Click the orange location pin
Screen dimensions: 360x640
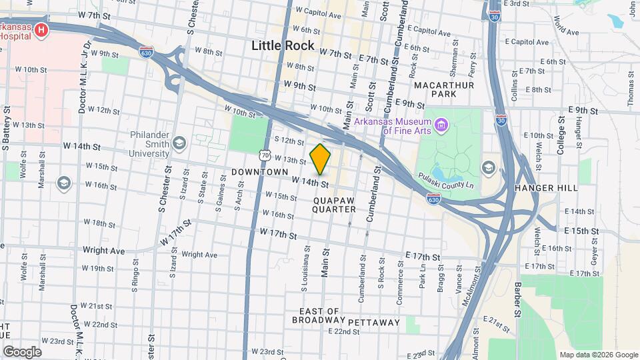(321, 159)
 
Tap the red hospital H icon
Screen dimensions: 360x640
(41, 30)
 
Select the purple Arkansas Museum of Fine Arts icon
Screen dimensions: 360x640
(441, 125)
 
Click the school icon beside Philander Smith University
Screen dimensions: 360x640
(179, 143)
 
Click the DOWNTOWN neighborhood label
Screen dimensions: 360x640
(259, 172)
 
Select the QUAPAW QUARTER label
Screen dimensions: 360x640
(334, 204)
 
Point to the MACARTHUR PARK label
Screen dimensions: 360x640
(443, 89)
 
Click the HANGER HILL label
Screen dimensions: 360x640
(547, 188)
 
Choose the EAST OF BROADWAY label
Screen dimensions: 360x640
(320, 315)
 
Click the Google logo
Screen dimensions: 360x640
(22, 351)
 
